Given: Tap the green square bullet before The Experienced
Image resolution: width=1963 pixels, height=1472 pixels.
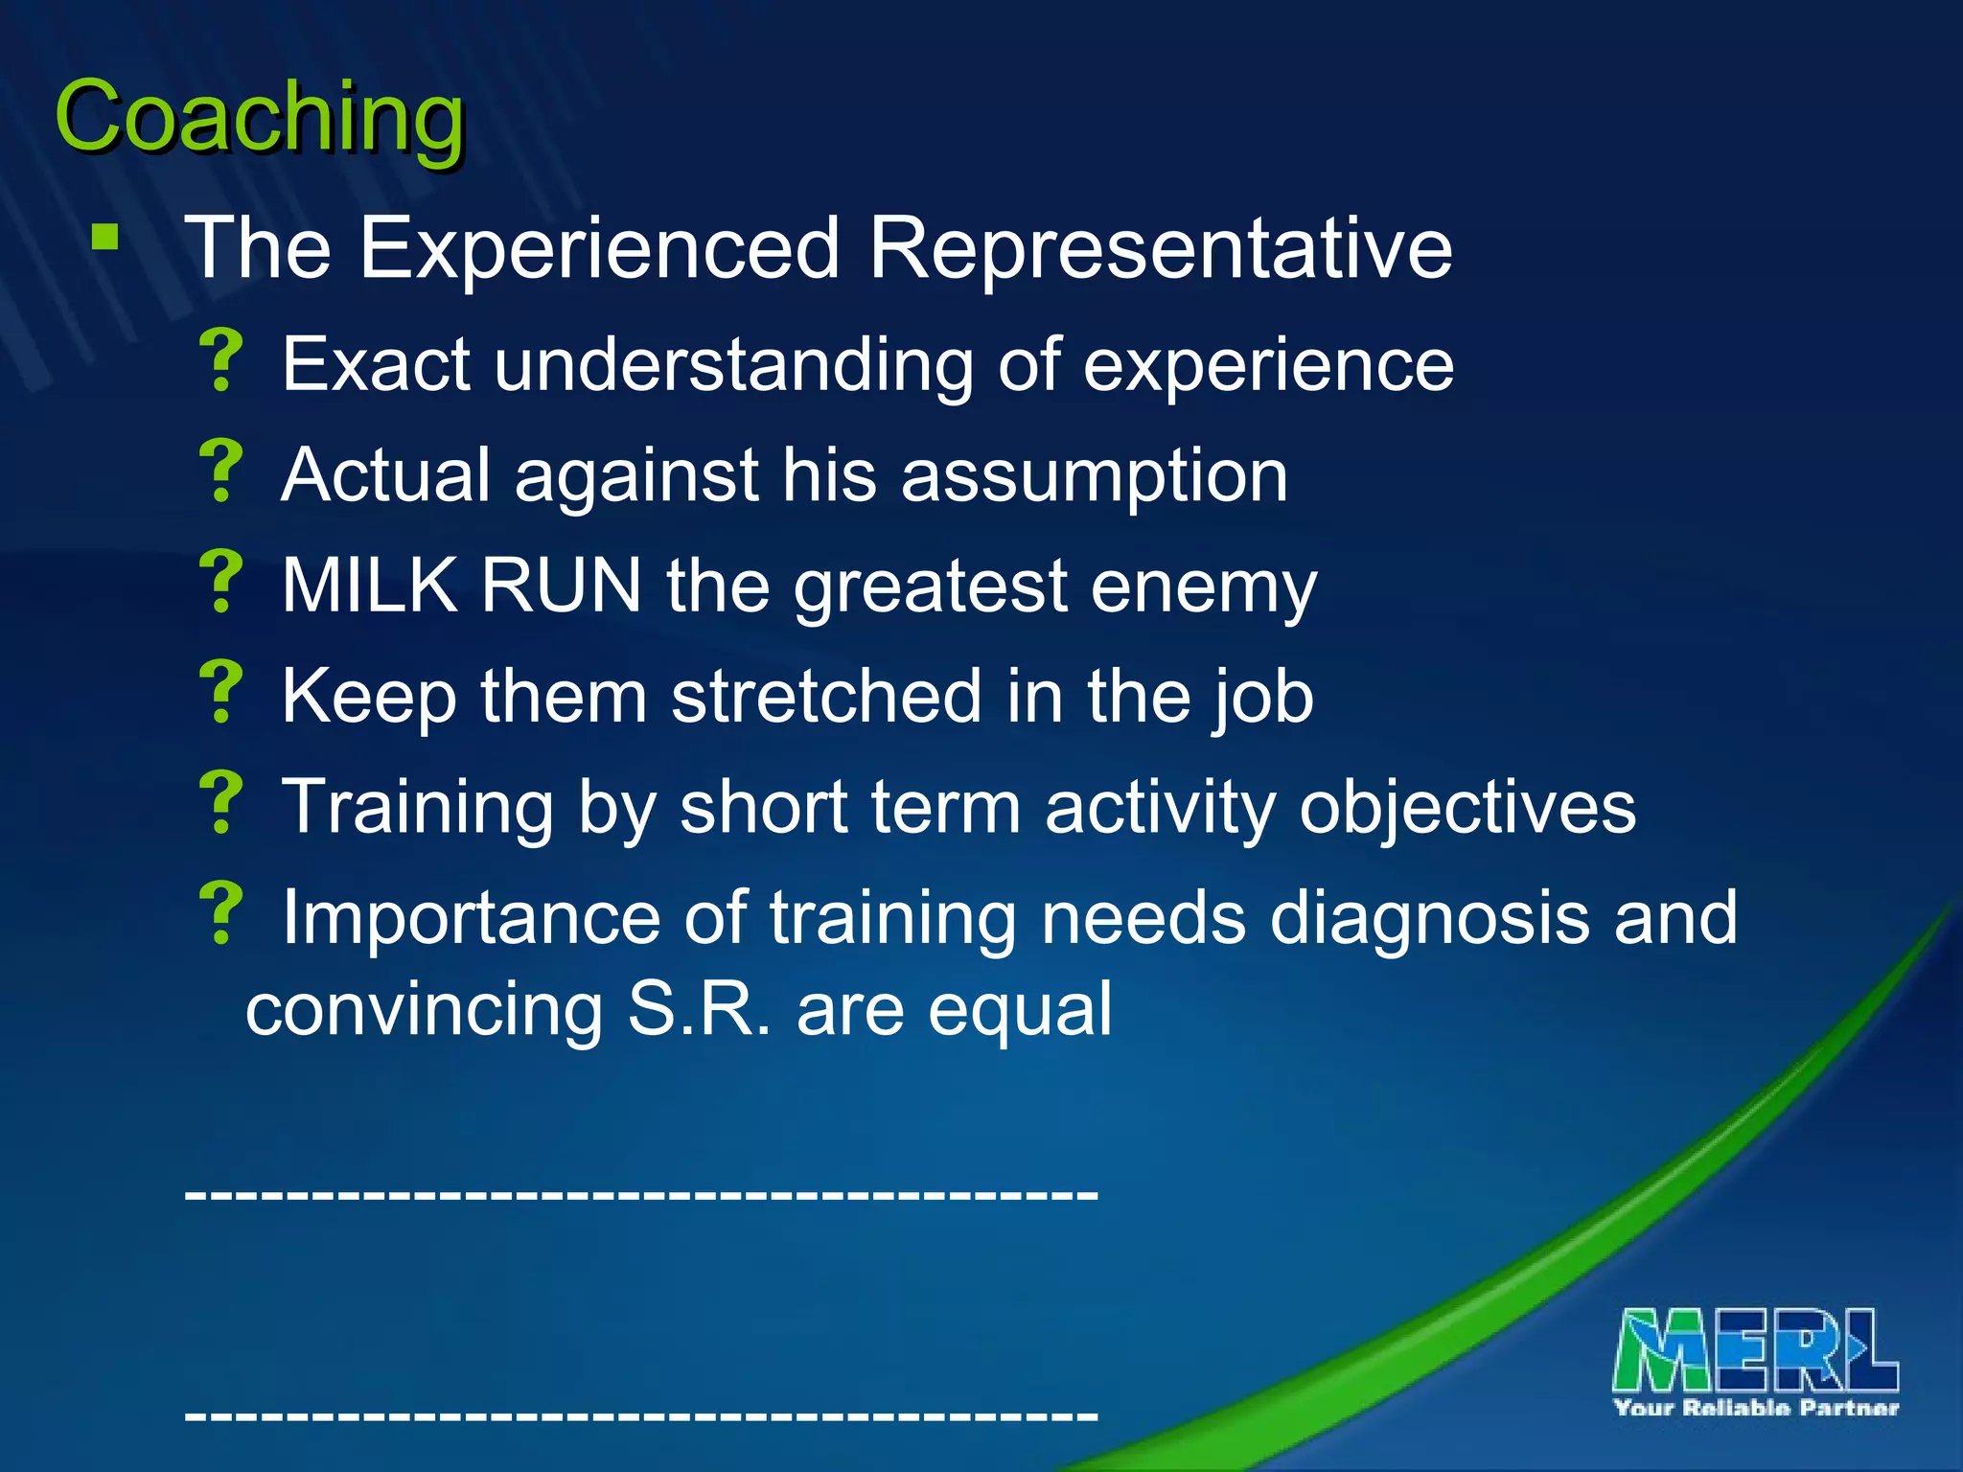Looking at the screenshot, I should click(105, 237).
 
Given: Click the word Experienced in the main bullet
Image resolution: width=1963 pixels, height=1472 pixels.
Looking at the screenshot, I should click(599, 248).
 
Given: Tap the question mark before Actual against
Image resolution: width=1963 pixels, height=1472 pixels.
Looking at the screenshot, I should click(222, 471).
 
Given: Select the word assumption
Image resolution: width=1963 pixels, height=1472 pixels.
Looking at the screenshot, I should click(1094, 475).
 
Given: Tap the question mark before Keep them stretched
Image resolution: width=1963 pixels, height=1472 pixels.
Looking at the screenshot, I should click(222, 691).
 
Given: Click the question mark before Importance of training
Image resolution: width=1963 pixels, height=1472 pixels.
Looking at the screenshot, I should click(222, 913).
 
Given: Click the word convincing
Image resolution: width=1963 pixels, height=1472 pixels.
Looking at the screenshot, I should click(423, 1010).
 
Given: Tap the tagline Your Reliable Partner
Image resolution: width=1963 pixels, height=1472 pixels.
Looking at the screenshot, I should click(1755, 1408).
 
